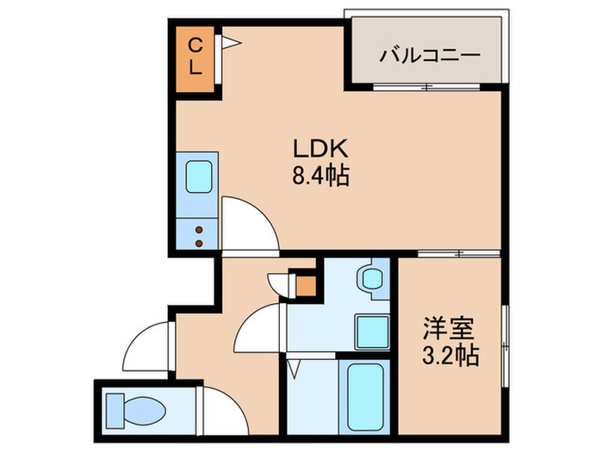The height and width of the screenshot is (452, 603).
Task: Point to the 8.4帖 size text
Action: (x=320, y=177)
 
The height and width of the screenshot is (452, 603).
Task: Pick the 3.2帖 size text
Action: (x=450, y=354)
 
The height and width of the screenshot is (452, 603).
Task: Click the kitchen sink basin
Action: (x=200, y=178)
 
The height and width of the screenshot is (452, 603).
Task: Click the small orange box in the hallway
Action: (x=305, y=284)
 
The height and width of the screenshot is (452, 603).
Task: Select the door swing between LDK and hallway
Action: (x=250, y=222)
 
